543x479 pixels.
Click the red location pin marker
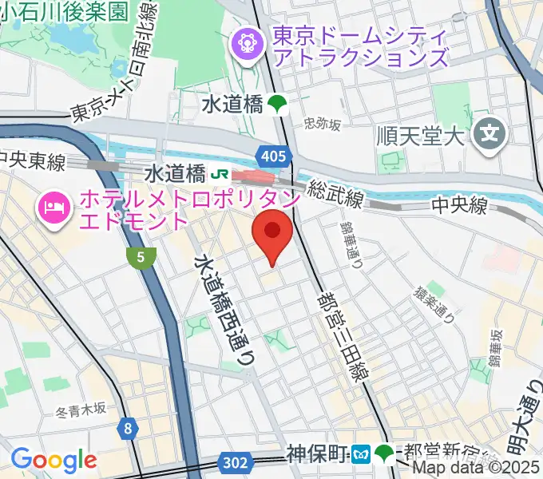click(x=271, y=232)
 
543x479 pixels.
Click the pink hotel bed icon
click(x=54, y=209)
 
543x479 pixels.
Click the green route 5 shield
click(x=141, y=256)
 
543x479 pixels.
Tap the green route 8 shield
click(x=128, y=430)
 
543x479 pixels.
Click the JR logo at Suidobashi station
click(x=217, y=173)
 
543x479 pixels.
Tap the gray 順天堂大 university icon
click(x=489, y=134)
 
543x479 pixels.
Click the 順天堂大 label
click(x=420, y=134)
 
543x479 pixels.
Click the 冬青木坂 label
click(x=81, y=410)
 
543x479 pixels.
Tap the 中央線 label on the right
click(x=459, y=206)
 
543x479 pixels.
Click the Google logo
click(x=54, y=460)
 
